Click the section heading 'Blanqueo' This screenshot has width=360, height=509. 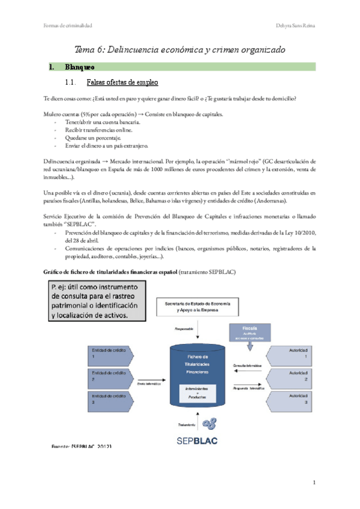[x=79, y=67]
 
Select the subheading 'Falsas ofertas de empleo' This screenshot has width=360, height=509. [x=122, y=82]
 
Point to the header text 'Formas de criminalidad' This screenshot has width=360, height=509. [x=68, y=25]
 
